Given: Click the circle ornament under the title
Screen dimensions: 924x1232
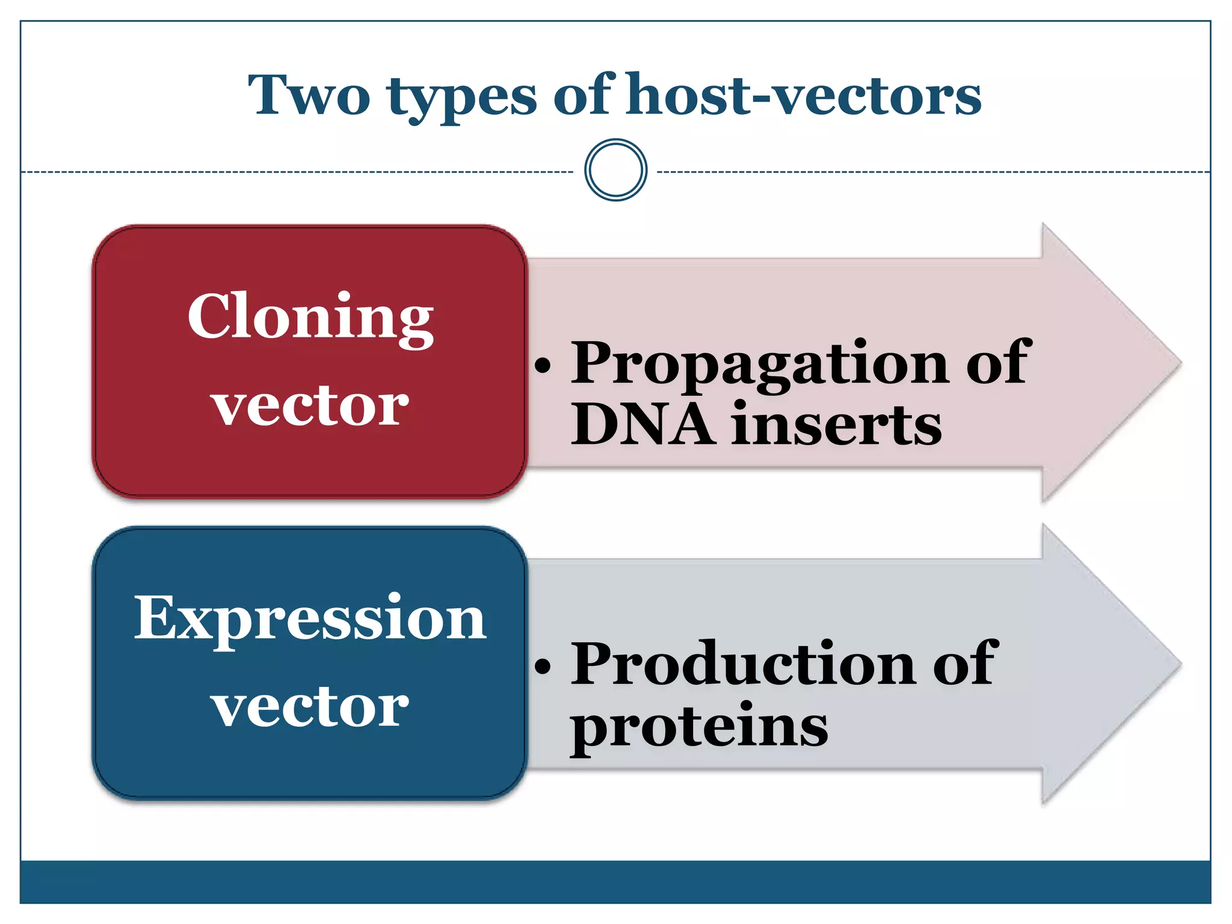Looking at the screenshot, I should [615, 170].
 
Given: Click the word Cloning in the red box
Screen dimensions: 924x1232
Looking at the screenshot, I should [310, 318].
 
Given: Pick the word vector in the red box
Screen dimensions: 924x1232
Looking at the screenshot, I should [310, 405].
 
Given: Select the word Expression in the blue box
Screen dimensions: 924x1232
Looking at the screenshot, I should [310, 618].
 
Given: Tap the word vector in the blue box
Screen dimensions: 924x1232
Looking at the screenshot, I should [310, 706].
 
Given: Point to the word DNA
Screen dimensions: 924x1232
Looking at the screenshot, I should [643, 424].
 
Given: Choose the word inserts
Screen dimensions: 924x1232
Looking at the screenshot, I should [837, 424].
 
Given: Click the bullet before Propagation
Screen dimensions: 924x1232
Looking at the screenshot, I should [543, 365].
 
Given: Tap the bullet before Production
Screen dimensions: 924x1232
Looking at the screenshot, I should [543, 665].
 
